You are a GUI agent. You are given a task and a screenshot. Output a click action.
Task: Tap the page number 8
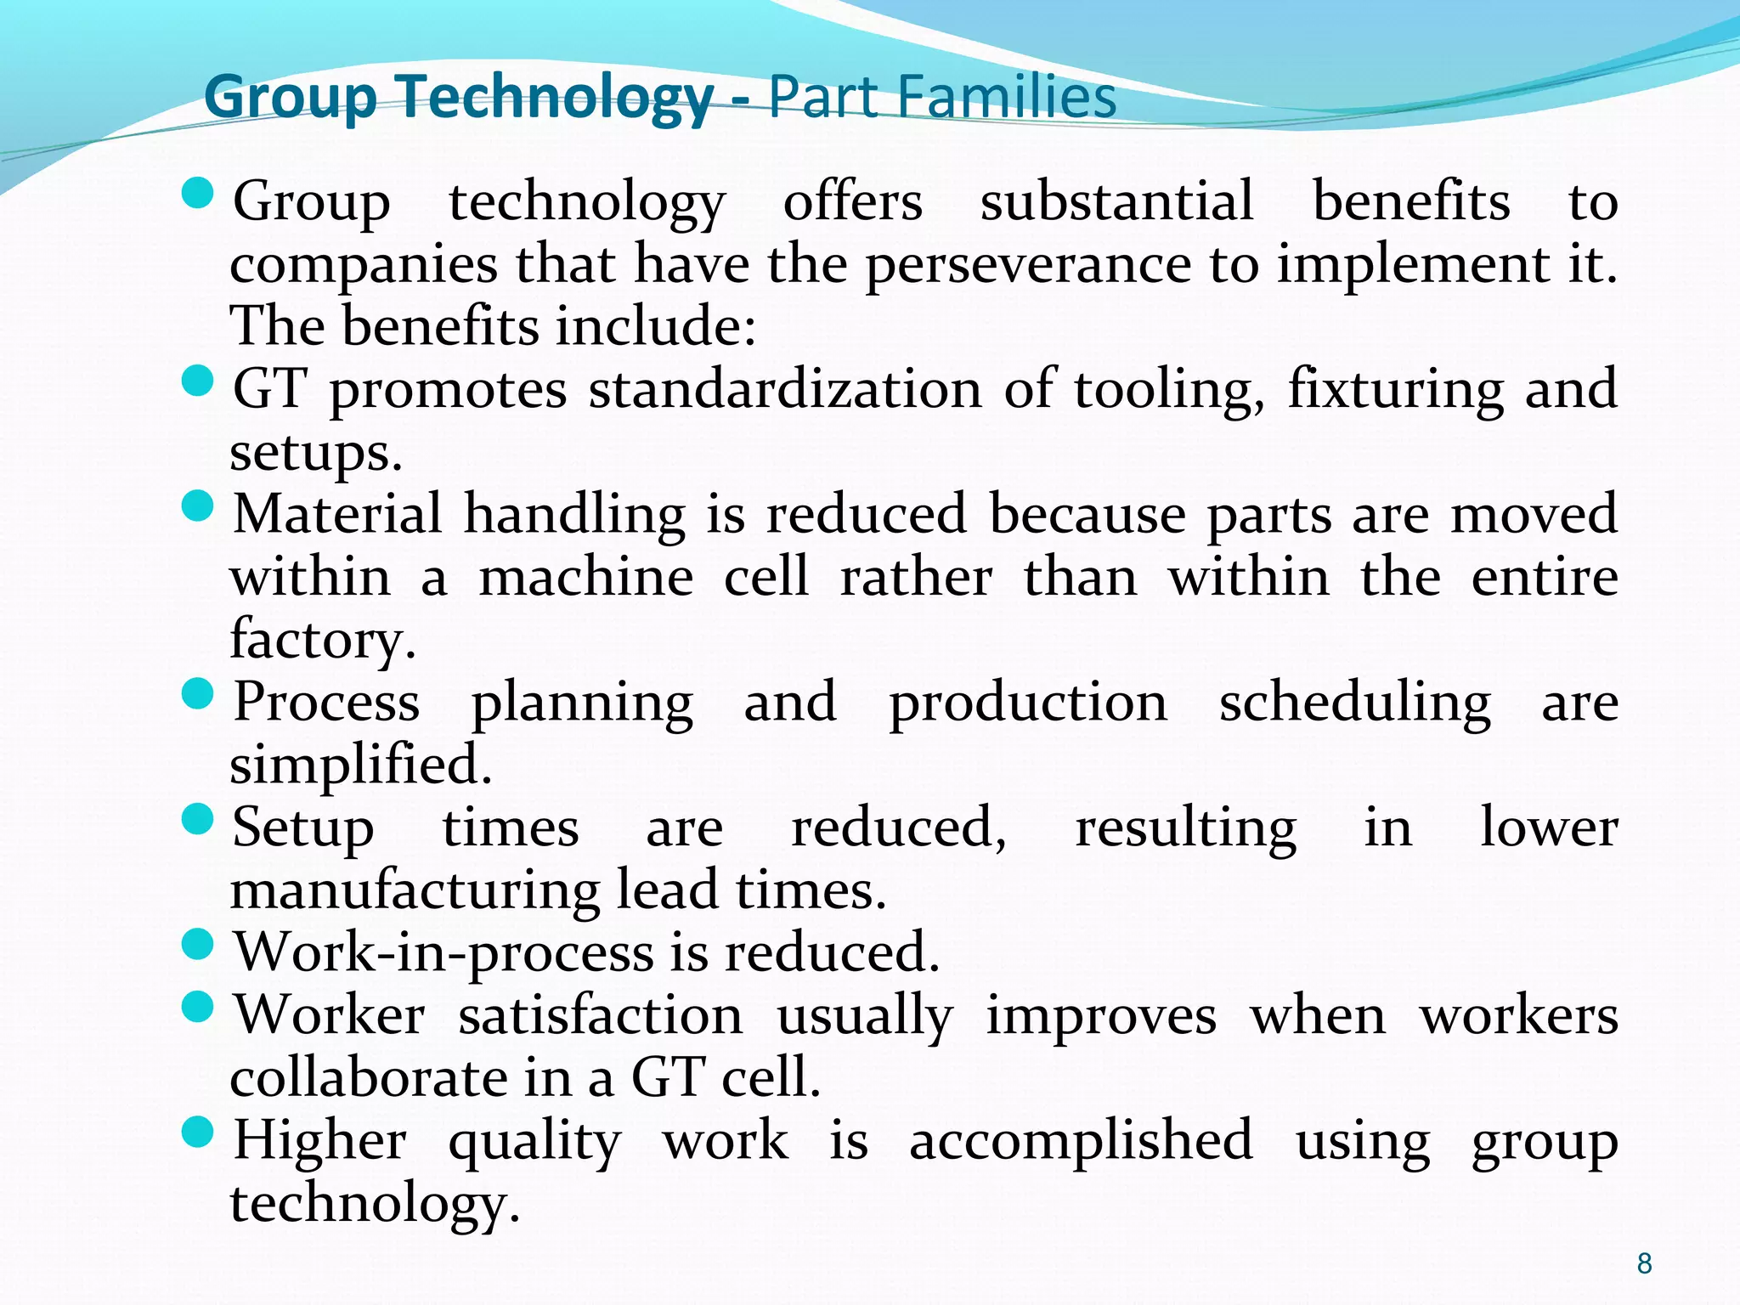pos(1644,1263)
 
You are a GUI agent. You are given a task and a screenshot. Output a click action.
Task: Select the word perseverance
pos(1028,265)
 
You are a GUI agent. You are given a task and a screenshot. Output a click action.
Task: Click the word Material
pos(337,514)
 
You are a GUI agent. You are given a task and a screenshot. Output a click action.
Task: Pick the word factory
pos(323,639)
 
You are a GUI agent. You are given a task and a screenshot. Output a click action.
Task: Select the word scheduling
pos(1354,703)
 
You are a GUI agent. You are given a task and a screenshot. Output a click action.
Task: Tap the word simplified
pos(361,765)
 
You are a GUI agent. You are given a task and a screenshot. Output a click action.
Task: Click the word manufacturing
pos(415,890)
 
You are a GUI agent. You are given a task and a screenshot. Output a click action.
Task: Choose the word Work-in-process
pos(443,952)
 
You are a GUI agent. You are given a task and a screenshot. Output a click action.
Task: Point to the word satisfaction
pos(600,1015)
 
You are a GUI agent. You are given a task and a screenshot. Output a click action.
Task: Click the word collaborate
pos(368,1077)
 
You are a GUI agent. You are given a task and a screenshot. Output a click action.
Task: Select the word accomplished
pos(1081,1140)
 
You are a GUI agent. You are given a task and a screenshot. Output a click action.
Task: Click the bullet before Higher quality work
pos(197,1132)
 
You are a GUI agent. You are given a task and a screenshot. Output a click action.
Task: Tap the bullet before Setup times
pos(197,820)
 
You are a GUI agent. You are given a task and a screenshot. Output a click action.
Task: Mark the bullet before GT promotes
pos(197,381)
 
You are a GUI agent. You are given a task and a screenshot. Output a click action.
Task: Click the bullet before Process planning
pos(197,694)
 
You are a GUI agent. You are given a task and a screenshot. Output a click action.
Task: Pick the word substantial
pos(1116,202)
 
